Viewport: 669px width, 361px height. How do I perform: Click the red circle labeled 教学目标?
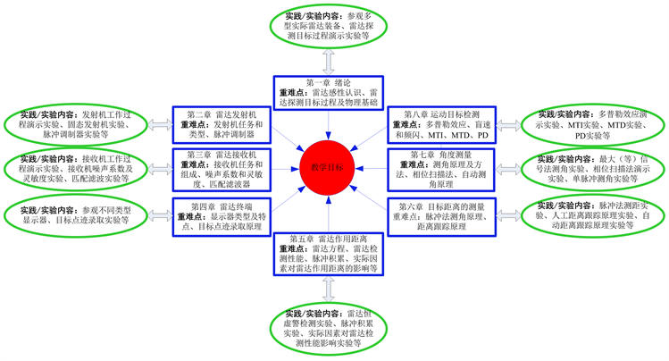click(x=329, y=167)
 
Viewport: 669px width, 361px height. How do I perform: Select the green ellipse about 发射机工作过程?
click(x=75, y=126)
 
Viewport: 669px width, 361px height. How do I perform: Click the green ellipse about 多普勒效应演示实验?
click(x=591, y=125)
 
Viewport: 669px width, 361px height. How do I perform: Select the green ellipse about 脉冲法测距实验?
click(x=591, y=215)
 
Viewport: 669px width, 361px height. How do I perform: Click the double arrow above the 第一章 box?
click(x=329, y=63)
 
